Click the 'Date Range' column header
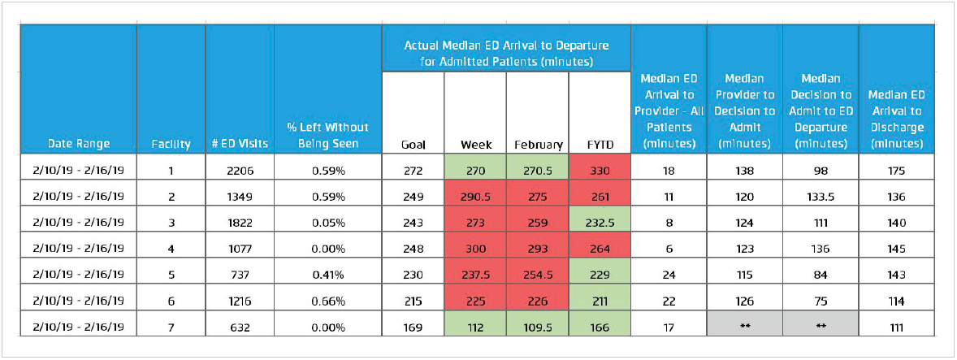tap(78, 144)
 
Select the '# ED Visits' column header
tap(240, 144)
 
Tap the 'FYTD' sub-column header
tap(600, 145)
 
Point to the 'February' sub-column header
tap(537, 145)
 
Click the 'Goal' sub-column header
tap(413, 145)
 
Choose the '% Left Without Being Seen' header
tap(327, 135)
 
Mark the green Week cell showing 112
tap(475, 329)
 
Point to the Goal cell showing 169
tap(413, 329)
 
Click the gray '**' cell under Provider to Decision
tap(745, 329)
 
